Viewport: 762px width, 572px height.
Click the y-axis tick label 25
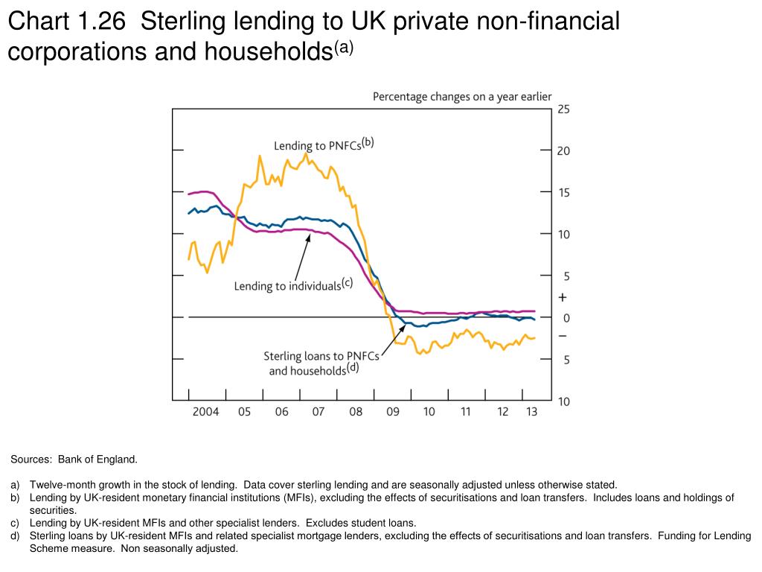coord(563,109)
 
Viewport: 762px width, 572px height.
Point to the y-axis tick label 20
coord(563,151)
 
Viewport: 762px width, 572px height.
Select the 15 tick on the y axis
coord(563,193)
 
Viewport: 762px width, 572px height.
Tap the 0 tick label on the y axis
coord(566,318)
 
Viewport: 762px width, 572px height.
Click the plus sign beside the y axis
coord(563,297)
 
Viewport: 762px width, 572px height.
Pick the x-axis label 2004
coord(205,412)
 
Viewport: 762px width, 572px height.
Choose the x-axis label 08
coord(356,412)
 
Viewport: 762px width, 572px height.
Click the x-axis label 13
coord(531,412)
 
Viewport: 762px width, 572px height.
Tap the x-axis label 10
coord(429,412)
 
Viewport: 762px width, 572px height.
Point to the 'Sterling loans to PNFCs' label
coord(321,356)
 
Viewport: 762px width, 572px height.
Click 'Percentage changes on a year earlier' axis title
coord(461,96)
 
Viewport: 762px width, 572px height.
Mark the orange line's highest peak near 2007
coord(306,153)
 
